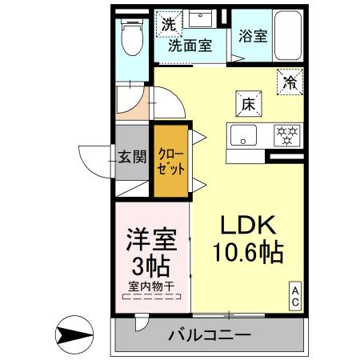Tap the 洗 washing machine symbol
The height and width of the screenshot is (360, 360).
click(x=168, y=24)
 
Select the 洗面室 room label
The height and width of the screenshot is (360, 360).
click(x=190, y=46)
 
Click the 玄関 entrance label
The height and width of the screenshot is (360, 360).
click(x=132, y=157)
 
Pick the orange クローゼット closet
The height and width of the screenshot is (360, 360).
click(x=171, y=163)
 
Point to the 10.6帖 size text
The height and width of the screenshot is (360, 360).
click(x=247, y=254)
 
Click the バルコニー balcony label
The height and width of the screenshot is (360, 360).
click(x=209, y=334)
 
